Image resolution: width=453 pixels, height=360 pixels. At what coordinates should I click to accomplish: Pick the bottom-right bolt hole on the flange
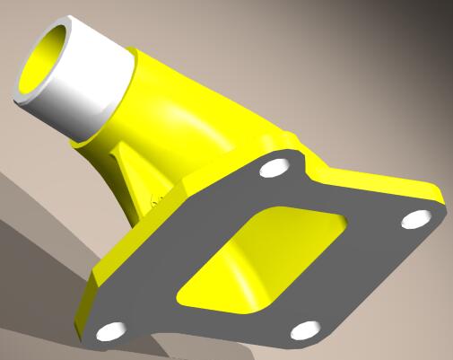point(305,329)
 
